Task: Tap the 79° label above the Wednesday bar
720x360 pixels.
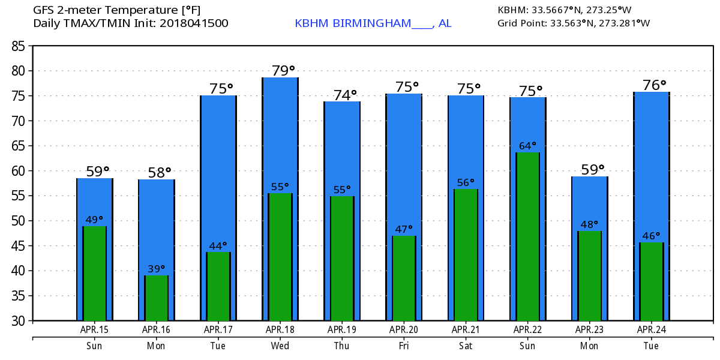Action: pyautogui.click(x=284, y=71)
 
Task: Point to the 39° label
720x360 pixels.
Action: pyautogui.click(x=157, y=269)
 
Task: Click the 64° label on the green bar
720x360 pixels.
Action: pyautogui.click(x=528, y=146)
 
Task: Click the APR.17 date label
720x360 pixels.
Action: pyautogui.click(x=218, y=329)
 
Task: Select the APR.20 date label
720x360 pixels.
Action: pyautogui.click(x=404, y=329)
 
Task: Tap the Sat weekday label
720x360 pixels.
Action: pyautogui.click(x=466, y=346)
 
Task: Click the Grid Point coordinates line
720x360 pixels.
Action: pyautogui.click(x=574, y=23)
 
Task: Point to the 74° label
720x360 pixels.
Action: pyautogui.click(x=345, y=95)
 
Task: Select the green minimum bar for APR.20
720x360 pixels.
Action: pyautogui.click(x=404, y=278)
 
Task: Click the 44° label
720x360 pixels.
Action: pyautogui.click(x=218, y=245)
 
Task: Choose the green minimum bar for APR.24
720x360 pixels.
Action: pyautogui.click(x=652, y=281)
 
